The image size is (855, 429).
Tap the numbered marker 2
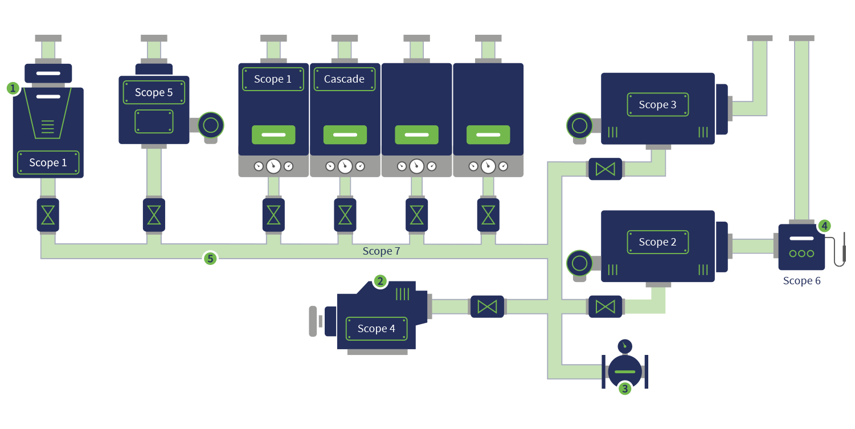[x=380, y=281]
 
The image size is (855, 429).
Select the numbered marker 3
[x=625, y=389]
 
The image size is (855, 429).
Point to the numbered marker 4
[x=824, y=226]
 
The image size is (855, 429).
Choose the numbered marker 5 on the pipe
[x=210, y=259]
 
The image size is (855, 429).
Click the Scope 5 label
[x=154, y=92]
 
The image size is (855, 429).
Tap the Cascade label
[x=344, y=79]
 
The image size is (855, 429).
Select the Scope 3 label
[x=657, y=105]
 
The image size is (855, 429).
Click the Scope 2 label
[x=657, y=242]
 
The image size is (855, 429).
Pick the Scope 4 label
[x=376, y=329]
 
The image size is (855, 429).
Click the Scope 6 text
[x=801, y=280]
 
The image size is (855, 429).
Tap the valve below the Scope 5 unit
[x=154, y=215]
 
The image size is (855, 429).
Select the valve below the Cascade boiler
[x=345, y=215]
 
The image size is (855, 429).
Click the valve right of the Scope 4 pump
[x=487, y=307]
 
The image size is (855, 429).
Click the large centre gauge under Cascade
[x=345, y=166]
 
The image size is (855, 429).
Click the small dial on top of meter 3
[x=625, y=345]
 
